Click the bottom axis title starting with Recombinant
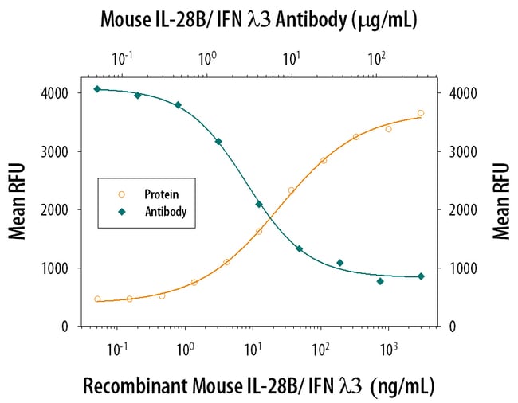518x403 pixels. coord(259,386)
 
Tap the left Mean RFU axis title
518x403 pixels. coord(17,201)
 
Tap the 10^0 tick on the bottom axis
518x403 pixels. coord(186,349)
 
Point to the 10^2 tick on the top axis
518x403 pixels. coord(376,57)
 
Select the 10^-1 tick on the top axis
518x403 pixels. coord(122,57)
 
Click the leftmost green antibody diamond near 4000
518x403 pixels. coord(97,89)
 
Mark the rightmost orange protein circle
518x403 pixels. coord(421,113)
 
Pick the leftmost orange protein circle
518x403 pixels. coord(97,299)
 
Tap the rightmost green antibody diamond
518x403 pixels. coord(421,276)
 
